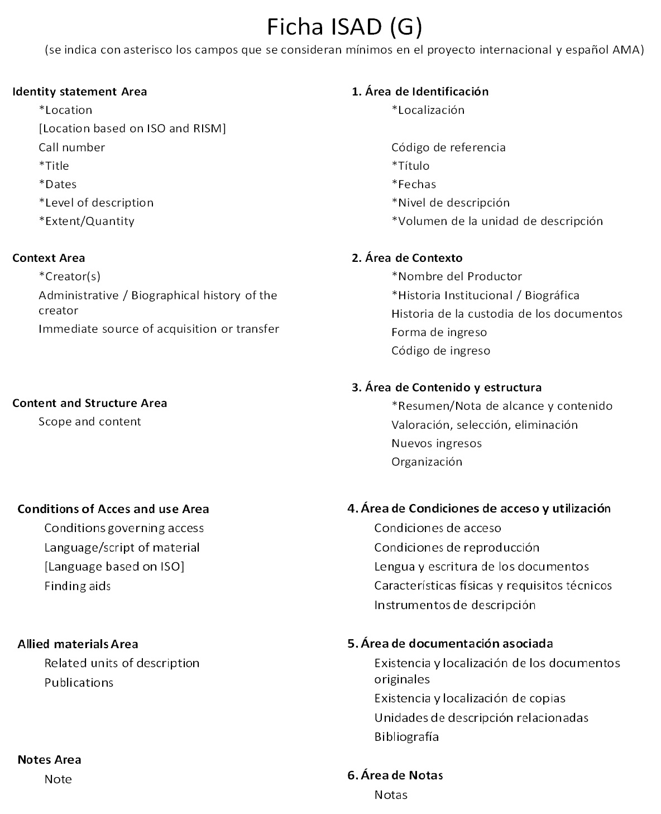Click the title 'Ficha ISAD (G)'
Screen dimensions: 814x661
(344, 26)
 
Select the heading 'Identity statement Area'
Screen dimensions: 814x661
(79, 92)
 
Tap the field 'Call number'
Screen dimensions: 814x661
(71, 147)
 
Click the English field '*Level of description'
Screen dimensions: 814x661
(96, 203)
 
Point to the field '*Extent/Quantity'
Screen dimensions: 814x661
(87, 221)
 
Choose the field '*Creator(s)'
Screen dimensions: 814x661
(69, 276)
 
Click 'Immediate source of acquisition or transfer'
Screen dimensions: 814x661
(159, 329)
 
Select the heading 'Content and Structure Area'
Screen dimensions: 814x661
(89, 403)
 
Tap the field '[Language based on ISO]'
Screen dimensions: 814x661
(114, 567)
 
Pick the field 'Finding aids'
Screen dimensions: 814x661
(78, 586)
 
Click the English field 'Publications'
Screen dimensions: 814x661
(79, 683)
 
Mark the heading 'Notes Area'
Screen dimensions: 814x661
(49, 760)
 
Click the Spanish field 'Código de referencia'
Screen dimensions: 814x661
(448, 147)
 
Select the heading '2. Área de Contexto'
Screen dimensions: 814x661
(407, 258)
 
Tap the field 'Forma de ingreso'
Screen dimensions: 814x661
(439, 332)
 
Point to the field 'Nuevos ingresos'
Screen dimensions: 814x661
(436, 443)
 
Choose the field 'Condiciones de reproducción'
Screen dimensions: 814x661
(457, 548)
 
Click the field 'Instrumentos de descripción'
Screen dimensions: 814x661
(454, 605)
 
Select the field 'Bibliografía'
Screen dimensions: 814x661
(406, 737)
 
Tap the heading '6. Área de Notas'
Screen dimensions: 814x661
(395, 775)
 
